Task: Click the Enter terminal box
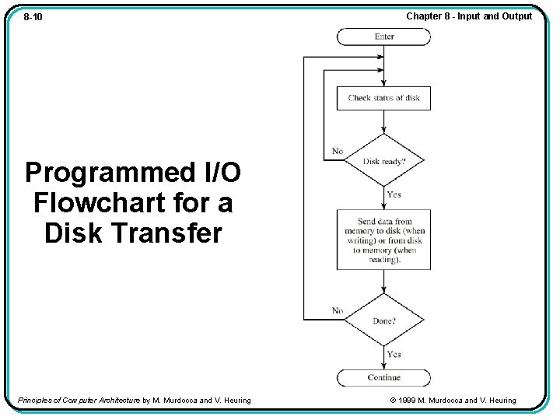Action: pos(383,37)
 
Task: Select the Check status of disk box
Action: pos(383,98)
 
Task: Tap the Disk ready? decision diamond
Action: pos(383,161)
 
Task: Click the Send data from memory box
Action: pos(383,240)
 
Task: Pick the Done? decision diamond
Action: pos(383,320)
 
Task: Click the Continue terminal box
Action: pos(383,378)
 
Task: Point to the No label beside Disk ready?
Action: pos(338,151)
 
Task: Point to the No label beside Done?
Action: pos(338,310)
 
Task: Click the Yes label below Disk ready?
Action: pos(394,194)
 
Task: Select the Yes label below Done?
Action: pos(394,355)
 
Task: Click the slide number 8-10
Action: pos(33,16)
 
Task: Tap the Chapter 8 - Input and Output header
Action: pos(469,16)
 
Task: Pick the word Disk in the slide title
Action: pos(73,233)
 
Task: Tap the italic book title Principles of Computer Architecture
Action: pos(79,401)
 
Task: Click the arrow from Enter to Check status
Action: pos(383,65)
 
